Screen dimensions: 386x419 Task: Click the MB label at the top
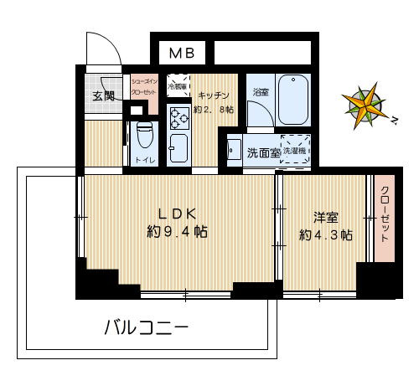(182, 53)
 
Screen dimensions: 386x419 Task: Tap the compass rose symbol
(364, 107)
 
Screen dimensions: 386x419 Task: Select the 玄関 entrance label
(103, 94)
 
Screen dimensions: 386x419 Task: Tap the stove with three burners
(179, 118)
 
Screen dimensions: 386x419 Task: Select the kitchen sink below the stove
(178, 148)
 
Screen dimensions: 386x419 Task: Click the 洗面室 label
(261, 152)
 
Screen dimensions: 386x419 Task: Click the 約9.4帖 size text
(177, 232)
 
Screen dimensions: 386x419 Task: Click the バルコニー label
(146, 326)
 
